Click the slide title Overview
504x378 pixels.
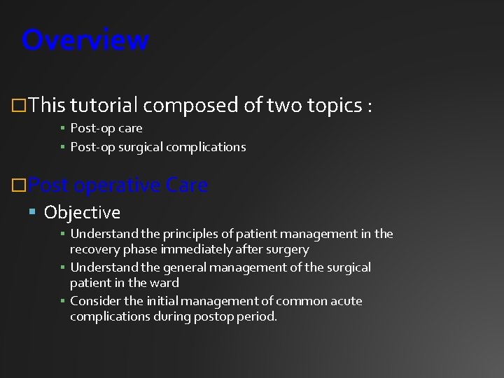[85, 40]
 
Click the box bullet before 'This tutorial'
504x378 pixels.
[21, 106]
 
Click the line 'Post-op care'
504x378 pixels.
[106, 128]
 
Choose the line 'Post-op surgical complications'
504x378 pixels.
[157, 147]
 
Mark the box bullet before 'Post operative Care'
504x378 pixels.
[21, 186]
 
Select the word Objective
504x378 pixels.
[82, 212]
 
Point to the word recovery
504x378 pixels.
[93, 249]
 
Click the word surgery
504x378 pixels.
[287, 249]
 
